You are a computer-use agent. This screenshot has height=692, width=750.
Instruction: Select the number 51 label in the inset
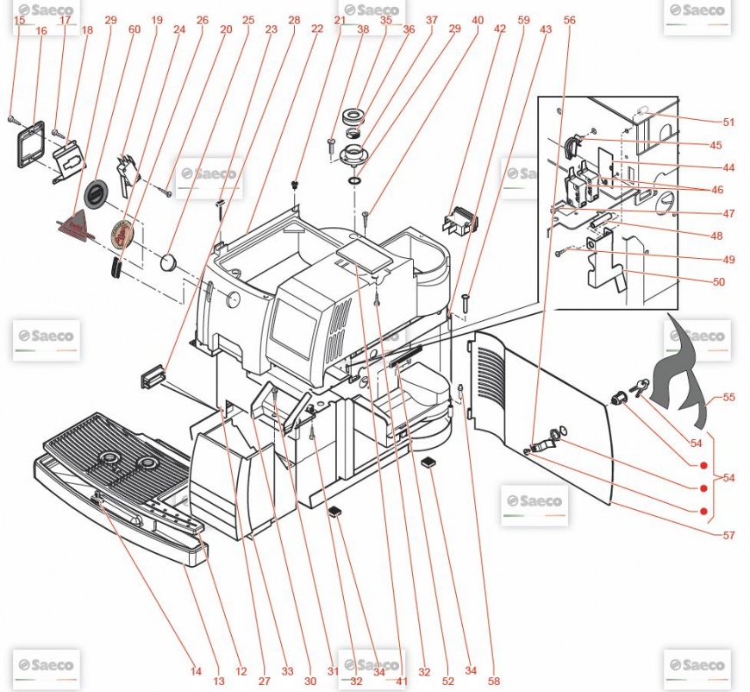pos(729,122)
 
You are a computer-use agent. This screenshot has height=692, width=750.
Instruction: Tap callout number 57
pos(729,535)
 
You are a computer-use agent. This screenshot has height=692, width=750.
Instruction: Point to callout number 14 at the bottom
pos(196,671)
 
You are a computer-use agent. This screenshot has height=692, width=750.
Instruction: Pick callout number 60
pos(134,29)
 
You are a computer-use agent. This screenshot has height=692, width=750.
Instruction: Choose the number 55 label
pos(729,399)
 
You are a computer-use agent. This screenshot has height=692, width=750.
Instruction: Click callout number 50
pos(719,281)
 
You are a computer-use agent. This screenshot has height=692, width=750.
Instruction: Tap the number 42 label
pos(500,29)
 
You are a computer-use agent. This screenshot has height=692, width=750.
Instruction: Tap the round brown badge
pos(124,233)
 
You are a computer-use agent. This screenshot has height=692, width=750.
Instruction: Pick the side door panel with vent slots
pos(543,414)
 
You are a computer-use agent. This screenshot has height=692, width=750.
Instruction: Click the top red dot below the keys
pos(704,467)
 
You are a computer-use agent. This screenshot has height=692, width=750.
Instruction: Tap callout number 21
pos(340,19)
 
